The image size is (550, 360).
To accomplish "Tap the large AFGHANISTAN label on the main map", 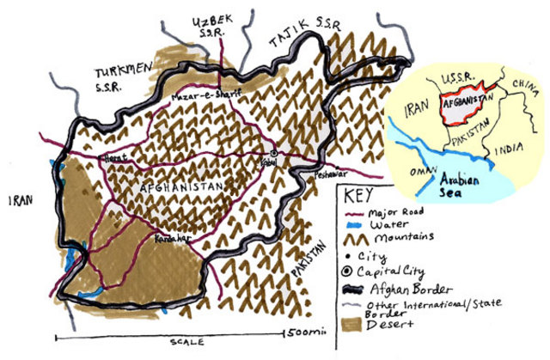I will (x=178, y=186).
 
